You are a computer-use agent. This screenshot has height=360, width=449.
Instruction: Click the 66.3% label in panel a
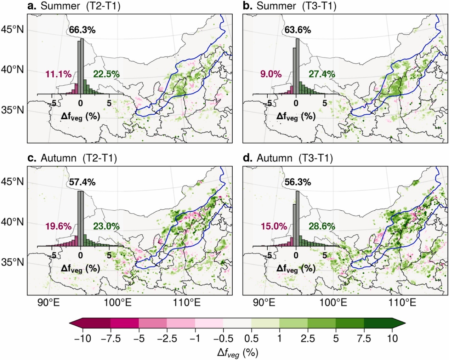point(82,30)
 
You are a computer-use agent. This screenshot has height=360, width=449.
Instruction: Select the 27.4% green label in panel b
point(322,74)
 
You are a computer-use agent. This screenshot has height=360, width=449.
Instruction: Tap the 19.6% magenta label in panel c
point(58,226)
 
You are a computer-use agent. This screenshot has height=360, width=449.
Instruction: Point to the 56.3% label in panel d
point(298,182)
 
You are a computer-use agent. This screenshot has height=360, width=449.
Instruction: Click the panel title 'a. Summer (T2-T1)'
point(74,6)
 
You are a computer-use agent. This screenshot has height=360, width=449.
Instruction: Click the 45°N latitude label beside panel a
point(13,29)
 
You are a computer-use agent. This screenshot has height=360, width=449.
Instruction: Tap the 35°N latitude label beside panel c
point(13,262)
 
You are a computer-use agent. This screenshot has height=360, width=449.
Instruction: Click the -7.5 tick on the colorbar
point(110,339)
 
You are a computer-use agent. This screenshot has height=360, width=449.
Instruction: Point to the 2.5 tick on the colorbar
point(307,339)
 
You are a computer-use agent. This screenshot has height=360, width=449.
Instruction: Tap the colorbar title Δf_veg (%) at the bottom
point(238,353)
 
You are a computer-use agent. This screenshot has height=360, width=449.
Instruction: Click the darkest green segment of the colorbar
point(378,323)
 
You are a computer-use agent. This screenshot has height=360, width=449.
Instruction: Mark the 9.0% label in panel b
point(271,74)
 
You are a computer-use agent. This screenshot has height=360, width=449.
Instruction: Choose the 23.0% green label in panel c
point(106,226)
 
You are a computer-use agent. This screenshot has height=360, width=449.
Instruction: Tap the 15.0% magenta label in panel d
point(274,226)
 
